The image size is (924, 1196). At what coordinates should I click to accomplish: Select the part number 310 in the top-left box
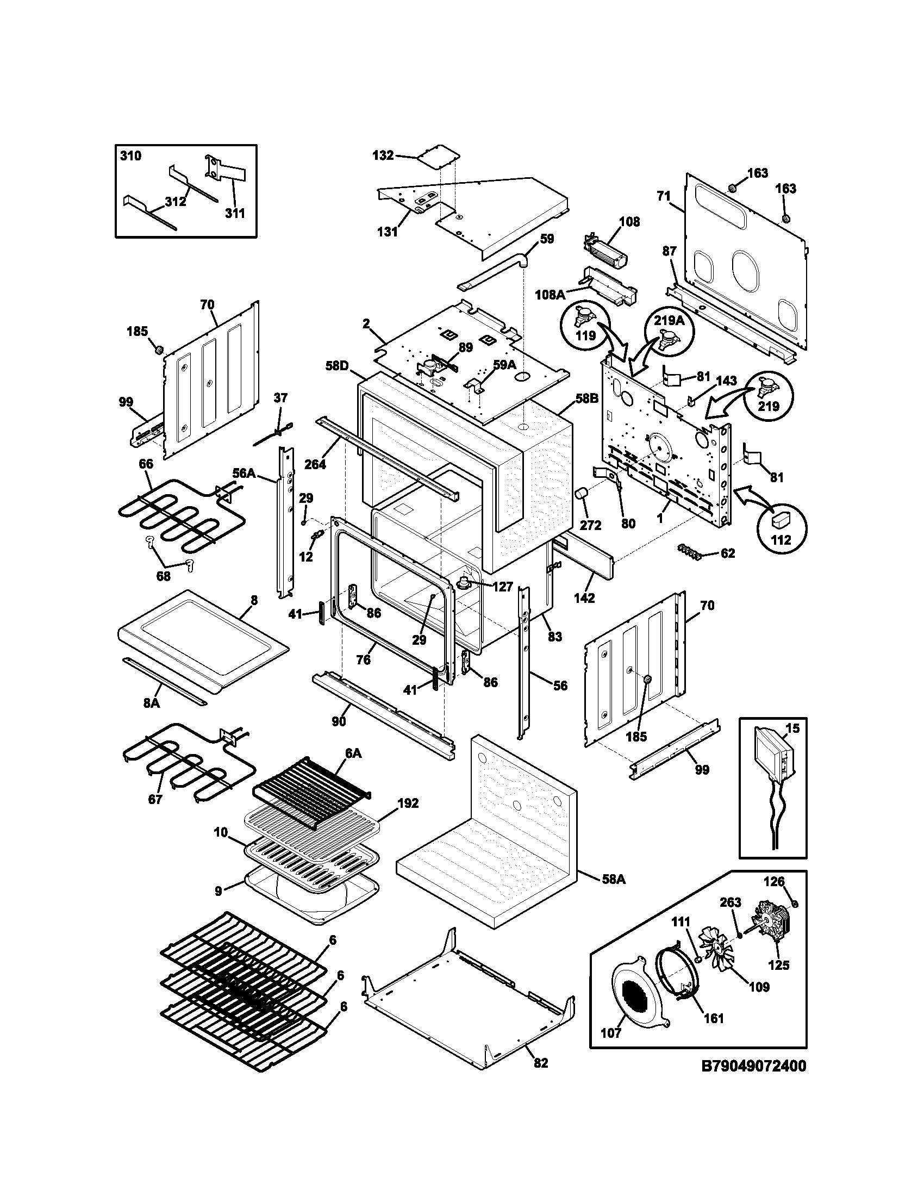(130, 156)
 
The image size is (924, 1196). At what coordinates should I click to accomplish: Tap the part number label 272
(591, 525)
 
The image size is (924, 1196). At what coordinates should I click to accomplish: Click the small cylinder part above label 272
(582, 495)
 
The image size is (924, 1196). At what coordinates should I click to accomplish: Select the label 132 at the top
(383, 155)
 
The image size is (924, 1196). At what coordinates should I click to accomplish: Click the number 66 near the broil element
(146, 464)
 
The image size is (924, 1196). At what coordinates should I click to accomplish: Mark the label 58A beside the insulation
(614, 880)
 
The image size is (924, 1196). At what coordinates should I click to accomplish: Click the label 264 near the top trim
(315, 464)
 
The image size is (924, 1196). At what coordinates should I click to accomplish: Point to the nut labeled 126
(795, 904)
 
